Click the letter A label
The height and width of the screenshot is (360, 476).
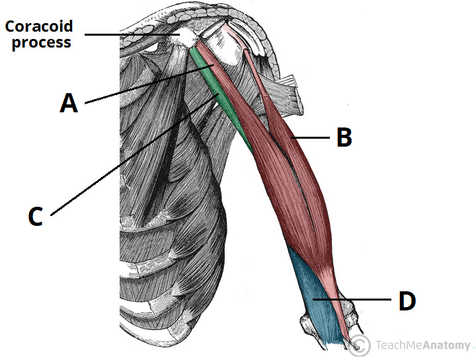pyautogui.click(x=69, y=103)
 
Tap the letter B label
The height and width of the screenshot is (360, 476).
pyautogui.click(x=344, y=137)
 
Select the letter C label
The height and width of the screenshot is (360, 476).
pyautogui.click(x=36, y=217)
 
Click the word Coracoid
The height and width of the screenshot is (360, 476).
pyautogui.click(x=39, y=27)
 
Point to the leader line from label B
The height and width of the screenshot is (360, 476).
pyautogui.click(x=311, y=137)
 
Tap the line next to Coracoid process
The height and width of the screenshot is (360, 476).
pyautogui.click(x=132, y=34)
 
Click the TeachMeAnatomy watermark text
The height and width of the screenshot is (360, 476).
pyautogui.click(x=423, y=345)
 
